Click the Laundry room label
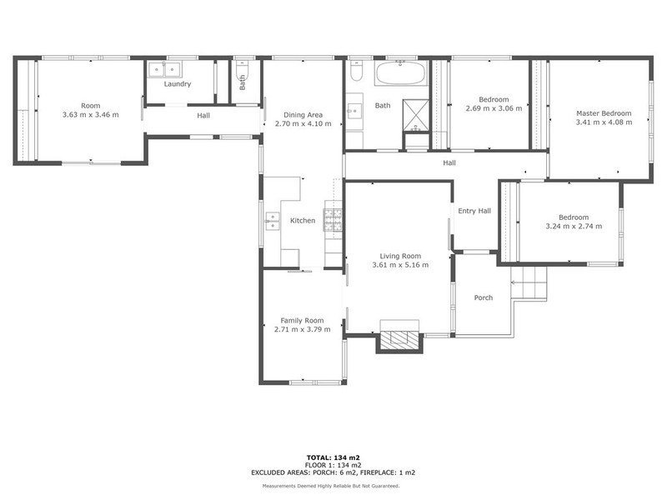click(177, 84)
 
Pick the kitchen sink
click(272, 220)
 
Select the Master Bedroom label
click(604, 113)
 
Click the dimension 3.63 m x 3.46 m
click(90, 115)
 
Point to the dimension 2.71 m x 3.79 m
click(302, 329)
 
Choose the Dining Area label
click(303, 115)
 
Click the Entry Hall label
click(474, 211)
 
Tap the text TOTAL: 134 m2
click(333, 457)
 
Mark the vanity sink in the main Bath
click(354, 109)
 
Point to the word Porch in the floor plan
click(483, 297)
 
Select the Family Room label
click(302, 320)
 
